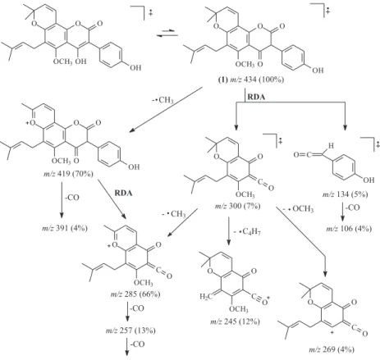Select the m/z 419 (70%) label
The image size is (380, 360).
click(68, 174)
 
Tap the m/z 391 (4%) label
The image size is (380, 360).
click(65, 228)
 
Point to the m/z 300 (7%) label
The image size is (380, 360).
click(237, 206)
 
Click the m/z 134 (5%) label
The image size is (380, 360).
click(345, 194)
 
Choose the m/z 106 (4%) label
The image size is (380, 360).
click(349, 228)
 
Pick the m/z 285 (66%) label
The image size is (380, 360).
click(135, 294)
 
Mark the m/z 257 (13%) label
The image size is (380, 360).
click(130, 330)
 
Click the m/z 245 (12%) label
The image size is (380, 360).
click(235, 321)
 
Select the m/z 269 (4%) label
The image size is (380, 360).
click(332, 349)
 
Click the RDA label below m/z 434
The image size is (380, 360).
click(256, 97)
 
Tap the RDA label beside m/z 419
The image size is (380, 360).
click(123, 194)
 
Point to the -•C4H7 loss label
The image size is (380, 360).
click(247, 232)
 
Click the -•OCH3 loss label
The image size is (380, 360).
click(298, 209)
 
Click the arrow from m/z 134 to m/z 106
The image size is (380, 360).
click(342, 212)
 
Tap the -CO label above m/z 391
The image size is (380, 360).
click(71, 198)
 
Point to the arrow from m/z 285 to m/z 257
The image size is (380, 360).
click(127, 312)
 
